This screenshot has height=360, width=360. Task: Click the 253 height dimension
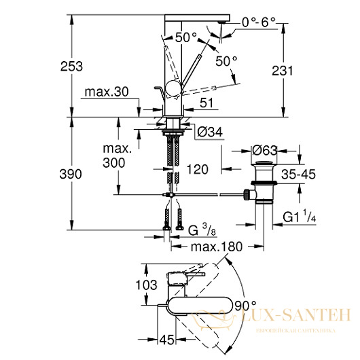(71, 67)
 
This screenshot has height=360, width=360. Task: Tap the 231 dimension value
(283, 71)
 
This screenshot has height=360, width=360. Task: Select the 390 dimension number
(71, 174)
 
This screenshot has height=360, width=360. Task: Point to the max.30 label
(107, 92)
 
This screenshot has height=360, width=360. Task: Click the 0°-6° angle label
(259, 22)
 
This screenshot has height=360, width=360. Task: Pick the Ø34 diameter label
(210, 132)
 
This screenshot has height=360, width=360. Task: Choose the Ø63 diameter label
(264, 150)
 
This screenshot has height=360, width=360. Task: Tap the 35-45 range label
(298, 175)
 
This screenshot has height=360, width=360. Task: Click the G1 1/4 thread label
(299, 216)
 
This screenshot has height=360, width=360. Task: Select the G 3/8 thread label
(202, 230)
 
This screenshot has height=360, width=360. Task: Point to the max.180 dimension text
(217, 247)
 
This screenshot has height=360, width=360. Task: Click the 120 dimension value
(197, 169)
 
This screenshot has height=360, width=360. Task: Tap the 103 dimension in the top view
(146, 285)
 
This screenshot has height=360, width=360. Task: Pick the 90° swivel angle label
(245, 306)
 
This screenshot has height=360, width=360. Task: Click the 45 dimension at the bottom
(167, 340)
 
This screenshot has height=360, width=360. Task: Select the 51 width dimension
(206, 103)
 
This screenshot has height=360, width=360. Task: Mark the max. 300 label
(117, 156)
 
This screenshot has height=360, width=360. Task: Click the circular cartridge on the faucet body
(174, 88)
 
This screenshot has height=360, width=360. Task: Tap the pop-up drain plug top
(264, 163)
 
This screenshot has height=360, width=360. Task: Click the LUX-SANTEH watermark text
(296, 314)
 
